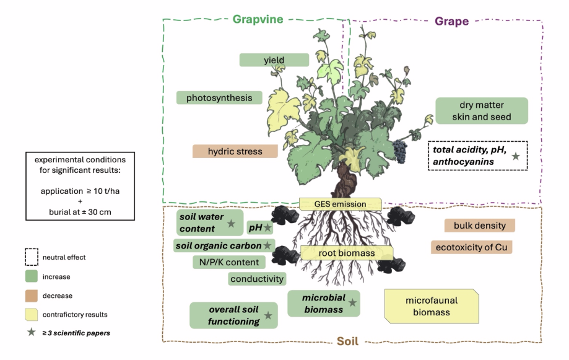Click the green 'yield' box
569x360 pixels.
tap(274, 60)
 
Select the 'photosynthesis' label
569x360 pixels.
tap(219, 98)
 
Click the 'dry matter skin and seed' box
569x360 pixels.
tap(481, 110)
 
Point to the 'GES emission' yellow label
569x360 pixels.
tap(341, 204)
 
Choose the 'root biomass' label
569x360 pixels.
tap(347, 253)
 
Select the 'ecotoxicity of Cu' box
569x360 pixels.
tap(471, 247)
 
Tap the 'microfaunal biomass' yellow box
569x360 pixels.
tap(432, 306)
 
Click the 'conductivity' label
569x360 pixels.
tap(257, 279)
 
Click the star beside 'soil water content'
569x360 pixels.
tap(231, 223)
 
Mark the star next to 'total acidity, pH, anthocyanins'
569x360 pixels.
tap(515, 156)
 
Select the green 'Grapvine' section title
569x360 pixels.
tap(258, 19)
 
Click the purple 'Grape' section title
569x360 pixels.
tap(451, 21)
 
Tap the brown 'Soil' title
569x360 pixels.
tap(347, 341)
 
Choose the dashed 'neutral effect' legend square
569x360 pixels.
tap(31, 257)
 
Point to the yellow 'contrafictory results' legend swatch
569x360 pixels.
tap(31, 315)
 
